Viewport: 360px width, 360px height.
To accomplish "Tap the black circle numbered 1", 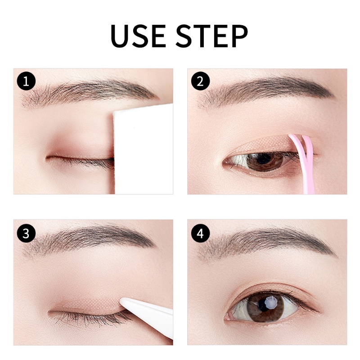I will click(26, 81).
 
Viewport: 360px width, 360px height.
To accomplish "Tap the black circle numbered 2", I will click(200, 81).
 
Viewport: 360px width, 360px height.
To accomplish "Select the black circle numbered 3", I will click(26, 233).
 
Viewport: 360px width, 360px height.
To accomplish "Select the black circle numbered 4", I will click(200, 233).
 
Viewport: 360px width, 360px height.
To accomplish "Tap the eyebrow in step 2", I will click(265, 90).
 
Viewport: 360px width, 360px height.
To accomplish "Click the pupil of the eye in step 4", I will click(266, 306).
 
